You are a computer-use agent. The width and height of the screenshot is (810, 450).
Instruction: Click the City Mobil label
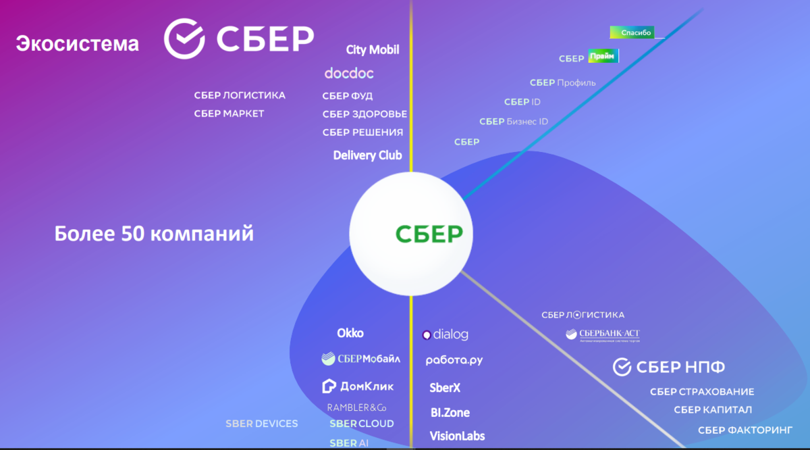tap(373, 50)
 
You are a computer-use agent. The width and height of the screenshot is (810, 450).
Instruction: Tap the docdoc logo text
tap(348, 73)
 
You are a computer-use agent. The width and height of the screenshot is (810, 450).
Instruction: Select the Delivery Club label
tap(367, 155)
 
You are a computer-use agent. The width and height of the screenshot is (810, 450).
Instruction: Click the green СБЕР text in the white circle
tap(429, 234)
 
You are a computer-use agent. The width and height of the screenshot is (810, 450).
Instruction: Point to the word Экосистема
tap(77, 45)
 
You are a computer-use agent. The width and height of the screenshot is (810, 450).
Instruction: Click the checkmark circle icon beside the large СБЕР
tap(184, 38)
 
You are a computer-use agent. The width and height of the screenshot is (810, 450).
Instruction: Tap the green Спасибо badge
tap(632, 32)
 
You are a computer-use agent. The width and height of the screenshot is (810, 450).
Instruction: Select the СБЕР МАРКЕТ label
tap(229, 114)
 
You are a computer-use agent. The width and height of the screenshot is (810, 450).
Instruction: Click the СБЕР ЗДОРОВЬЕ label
tap(364, 114)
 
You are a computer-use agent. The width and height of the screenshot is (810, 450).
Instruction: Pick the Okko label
tap(350, 333)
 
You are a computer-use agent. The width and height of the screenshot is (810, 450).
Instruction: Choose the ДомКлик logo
tap(358, 386)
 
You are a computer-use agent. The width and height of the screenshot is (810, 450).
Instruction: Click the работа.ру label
tap(454, 360)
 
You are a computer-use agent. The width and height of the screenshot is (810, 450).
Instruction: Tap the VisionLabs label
tap(457, 436)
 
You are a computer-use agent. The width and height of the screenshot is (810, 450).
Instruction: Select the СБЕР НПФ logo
tap(669, 368)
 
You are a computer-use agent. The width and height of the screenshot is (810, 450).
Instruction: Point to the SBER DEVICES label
tap(261, 424)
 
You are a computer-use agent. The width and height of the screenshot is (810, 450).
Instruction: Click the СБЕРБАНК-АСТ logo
tap(603, 334)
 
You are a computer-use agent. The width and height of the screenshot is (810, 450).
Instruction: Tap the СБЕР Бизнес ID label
tap(514, 122)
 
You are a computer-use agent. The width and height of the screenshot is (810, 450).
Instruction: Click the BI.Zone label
tap(450, 412)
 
